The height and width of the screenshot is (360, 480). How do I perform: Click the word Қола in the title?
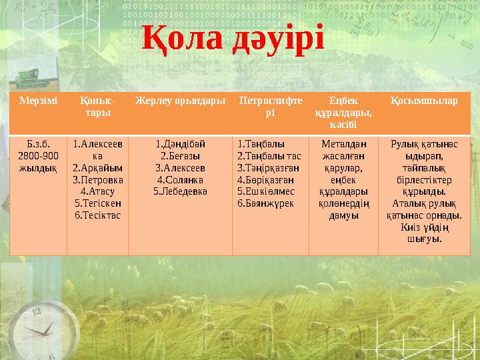click(183, 39)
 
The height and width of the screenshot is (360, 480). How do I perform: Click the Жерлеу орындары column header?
click(179, 101)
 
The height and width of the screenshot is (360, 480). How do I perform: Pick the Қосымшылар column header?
click(424, 101)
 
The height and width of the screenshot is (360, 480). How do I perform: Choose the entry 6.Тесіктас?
click(97, 215)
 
